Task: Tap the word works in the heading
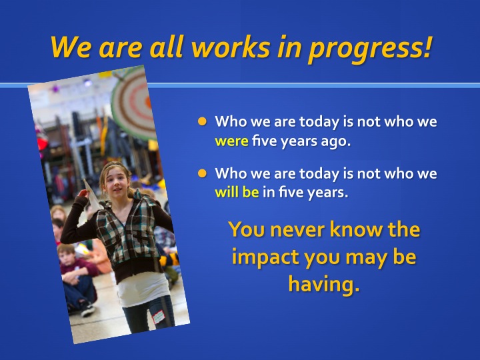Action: click(231, 47)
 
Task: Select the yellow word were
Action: click(231, 141)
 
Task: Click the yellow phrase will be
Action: click(237, 192)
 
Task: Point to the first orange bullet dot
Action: click(202, 121)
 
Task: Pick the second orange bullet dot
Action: click(202, 173)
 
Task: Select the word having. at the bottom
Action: click(324, 285)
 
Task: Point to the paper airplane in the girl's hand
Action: click(93, 194)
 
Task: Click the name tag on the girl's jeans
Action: click(158, 317)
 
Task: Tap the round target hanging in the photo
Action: click(133, 103)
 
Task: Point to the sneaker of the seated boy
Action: click(87, 311)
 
